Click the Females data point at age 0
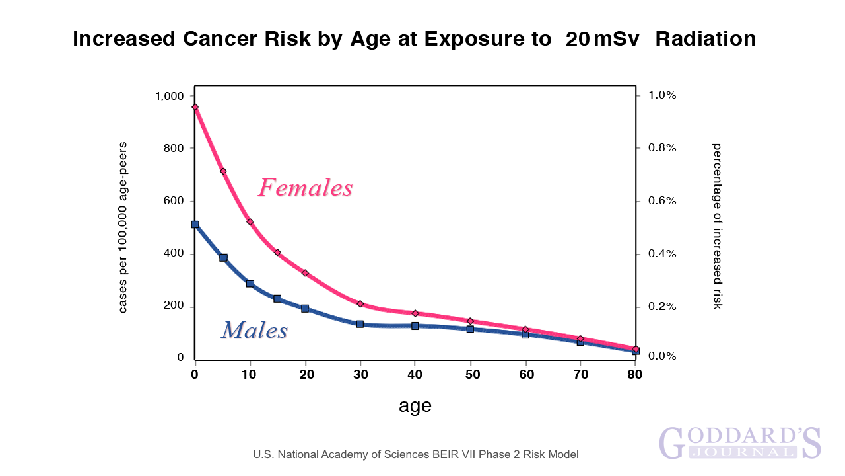[195, 107]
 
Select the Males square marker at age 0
[195, 225]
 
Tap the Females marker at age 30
[360, 304]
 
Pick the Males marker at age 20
[305, 309]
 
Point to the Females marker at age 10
[250, 222]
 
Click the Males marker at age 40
[415, 326]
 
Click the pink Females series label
[306, 188]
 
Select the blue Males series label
[254, 330]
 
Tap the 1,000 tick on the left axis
[169, 96]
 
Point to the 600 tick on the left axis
[174, 202]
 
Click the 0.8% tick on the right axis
[661, 148]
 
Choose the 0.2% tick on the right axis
[661, 307]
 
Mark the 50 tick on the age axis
[470, 375]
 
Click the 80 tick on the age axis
[635, 375]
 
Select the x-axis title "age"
[415, 406]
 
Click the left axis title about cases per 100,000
[123, 227]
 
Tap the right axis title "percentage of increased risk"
[717, 226]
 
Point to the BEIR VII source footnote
[416, 455]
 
